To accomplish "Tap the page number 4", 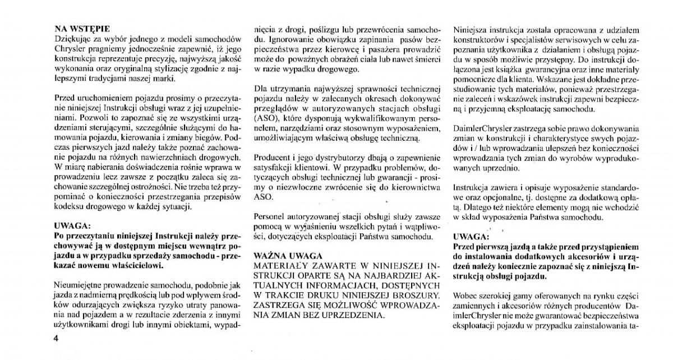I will tap(56, 339).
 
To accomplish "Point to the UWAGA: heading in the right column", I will tap(471, 236).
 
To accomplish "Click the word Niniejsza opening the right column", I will tap(473, 28).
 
